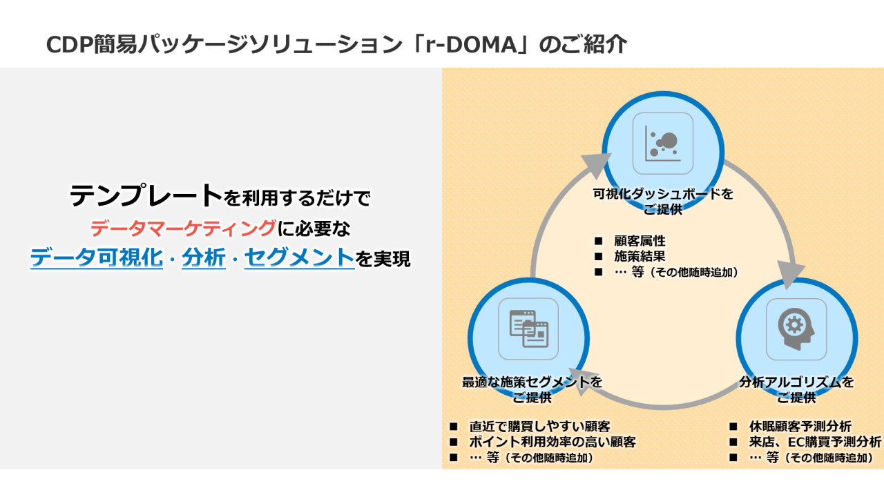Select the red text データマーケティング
point(183,228)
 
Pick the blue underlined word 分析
point(204,258)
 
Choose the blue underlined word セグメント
point(299,258)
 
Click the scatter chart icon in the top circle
point(662,143)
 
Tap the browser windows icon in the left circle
point(528,329)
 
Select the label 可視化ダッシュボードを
point(663,194)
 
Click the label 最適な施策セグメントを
point(532,382)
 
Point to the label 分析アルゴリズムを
point(796,382)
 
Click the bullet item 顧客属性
point(640,241)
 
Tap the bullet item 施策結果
point(640,256)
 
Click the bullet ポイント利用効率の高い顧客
point(552,442)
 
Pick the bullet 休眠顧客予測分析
point(800,427)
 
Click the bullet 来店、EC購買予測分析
point(815,442)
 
